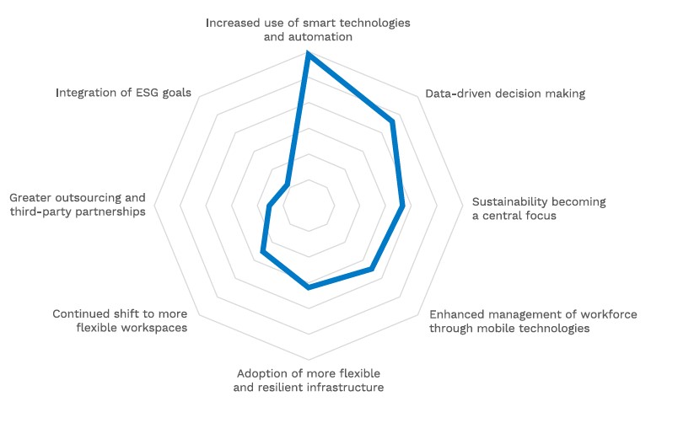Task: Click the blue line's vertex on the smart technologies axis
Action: [x=309, y=55]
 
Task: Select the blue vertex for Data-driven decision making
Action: [x=392, y=122]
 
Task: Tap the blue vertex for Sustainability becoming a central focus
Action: [x=403, y=206]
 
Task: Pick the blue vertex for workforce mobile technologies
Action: [x=372, y=269]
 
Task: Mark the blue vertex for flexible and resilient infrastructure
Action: [x=309, y=287]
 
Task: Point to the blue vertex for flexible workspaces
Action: [x=263, y=251]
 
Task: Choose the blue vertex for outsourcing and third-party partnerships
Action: [x=268, y=206]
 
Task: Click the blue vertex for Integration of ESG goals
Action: [x=288, y=185]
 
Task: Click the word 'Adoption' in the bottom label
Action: [x=265, y=372]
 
